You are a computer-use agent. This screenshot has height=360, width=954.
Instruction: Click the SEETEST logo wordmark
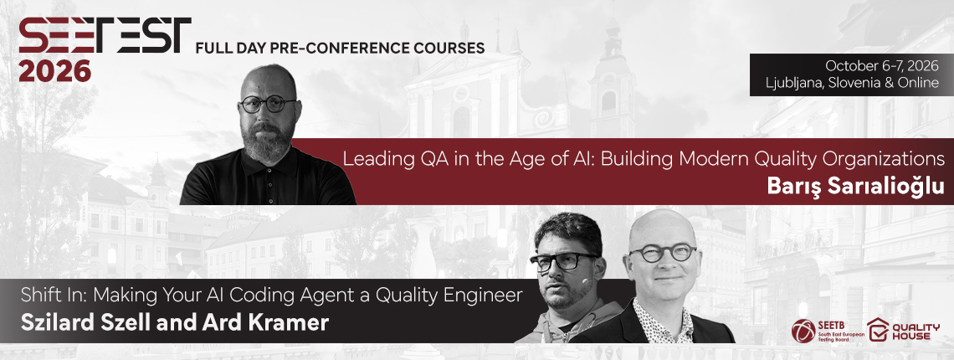105,35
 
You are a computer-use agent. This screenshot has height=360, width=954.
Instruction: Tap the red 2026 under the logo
54,70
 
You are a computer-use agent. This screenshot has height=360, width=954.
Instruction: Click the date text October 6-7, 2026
881,65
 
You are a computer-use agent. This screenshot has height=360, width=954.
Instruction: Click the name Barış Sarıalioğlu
855,187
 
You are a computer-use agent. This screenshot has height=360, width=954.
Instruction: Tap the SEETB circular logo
803,331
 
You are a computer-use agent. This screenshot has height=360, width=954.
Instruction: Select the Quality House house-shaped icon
878,329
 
